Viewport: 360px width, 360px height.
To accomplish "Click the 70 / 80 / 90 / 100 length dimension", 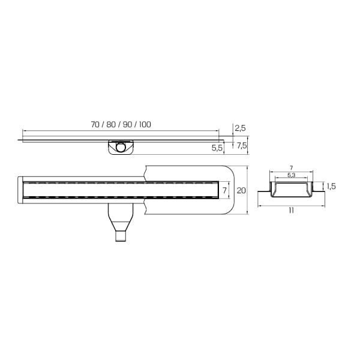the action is (x=121, y=124).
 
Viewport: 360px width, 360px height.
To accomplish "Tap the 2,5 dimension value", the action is (x=240, y=128).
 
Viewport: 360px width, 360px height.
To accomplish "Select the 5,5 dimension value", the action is (x=217, y=148).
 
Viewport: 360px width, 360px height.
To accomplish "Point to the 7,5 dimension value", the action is (x=242, y=145).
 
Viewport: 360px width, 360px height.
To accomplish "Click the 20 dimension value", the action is (x=241, y=190).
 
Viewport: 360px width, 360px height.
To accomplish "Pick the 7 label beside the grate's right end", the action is (x=224, y=190).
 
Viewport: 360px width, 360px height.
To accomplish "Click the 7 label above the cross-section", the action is (x=292, y=168).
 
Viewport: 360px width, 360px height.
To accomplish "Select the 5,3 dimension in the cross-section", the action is (x=292, y=175).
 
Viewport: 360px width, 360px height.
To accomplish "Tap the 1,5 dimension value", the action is (x=331, y=187).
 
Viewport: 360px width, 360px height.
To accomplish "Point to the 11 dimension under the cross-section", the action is (x=292, y=211).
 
